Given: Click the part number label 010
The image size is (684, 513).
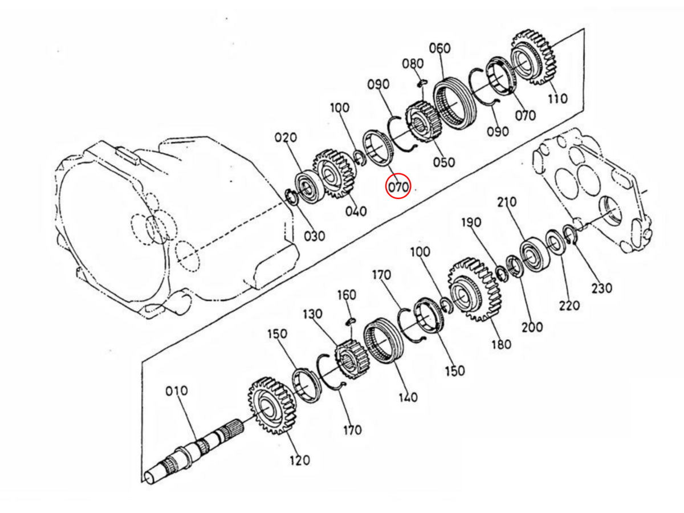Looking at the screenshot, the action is coord(176,391).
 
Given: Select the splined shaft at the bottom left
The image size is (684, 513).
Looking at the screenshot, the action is coord(194,451).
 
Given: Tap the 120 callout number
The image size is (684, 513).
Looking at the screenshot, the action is coord(300,461).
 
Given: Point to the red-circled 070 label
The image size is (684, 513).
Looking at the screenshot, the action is coord(398,187).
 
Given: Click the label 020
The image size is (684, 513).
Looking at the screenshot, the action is coord(286,137).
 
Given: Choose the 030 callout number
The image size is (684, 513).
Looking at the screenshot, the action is coord(315,236).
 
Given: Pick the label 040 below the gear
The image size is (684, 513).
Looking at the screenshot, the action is coord(356,211).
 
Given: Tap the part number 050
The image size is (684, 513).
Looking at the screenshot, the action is coord(444,162).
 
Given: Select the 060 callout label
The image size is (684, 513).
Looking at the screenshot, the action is coord(440,48).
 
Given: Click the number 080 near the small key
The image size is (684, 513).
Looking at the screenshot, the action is coord(413,64).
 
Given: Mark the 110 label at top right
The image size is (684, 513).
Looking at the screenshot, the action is coord(558,99).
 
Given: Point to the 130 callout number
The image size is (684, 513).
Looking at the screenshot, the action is coord(312,314).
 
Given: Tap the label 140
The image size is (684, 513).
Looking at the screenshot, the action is coord(408,397).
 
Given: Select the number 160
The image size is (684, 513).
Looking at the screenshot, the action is coord(347,295).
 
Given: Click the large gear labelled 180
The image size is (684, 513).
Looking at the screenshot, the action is coord(474,290).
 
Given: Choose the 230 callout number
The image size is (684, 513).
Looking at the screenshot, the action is coord(602,288).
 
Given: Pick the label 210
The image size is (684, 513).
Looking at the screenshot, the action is coord(507,202).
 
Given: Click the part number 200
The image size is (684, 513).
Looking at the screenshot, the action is coord(532,327).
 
